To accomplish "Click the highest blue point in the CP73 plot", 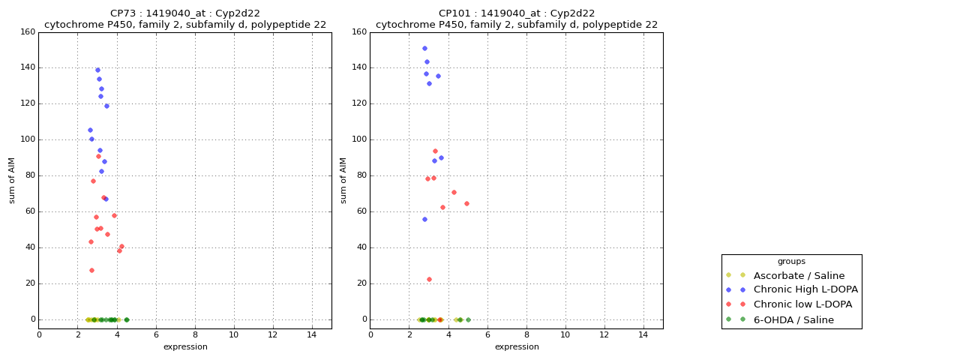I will tap(97, 70).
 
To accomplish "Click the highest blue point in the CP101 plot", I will tap(424, 48).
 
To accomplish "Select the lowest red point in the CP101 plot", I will tap(429, 279).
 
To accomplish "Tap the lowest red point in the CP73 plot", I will tap(91, 270).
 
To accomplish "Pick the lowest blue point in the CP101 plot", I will tap(424, 219).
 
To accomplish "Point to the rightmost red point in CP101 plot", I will tap(466, 203).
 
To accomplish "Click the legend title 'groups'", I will tap(791, 261).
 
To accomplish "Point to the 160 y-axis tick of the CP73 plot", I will tap(28, 32).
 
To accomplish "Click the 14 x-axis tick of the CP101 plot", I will tap(643, 334).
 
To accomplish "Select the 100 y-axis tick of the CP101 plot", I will tap(359, 139).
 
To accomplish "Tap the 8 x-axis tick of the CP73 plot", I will tap(195, 334).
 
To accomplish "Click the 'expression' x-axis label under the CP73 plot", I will tap(185, 346).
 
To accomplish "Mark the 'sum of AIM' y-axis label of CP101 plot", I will tap(343, 180).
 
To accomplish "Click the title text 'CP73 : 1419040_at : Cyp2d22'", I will tap(185, 13).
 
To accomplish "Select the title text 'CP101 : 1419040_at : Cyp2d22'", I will tap(517, 13).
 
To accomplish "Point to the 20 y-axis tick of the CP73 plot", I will tap(30, 283).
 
